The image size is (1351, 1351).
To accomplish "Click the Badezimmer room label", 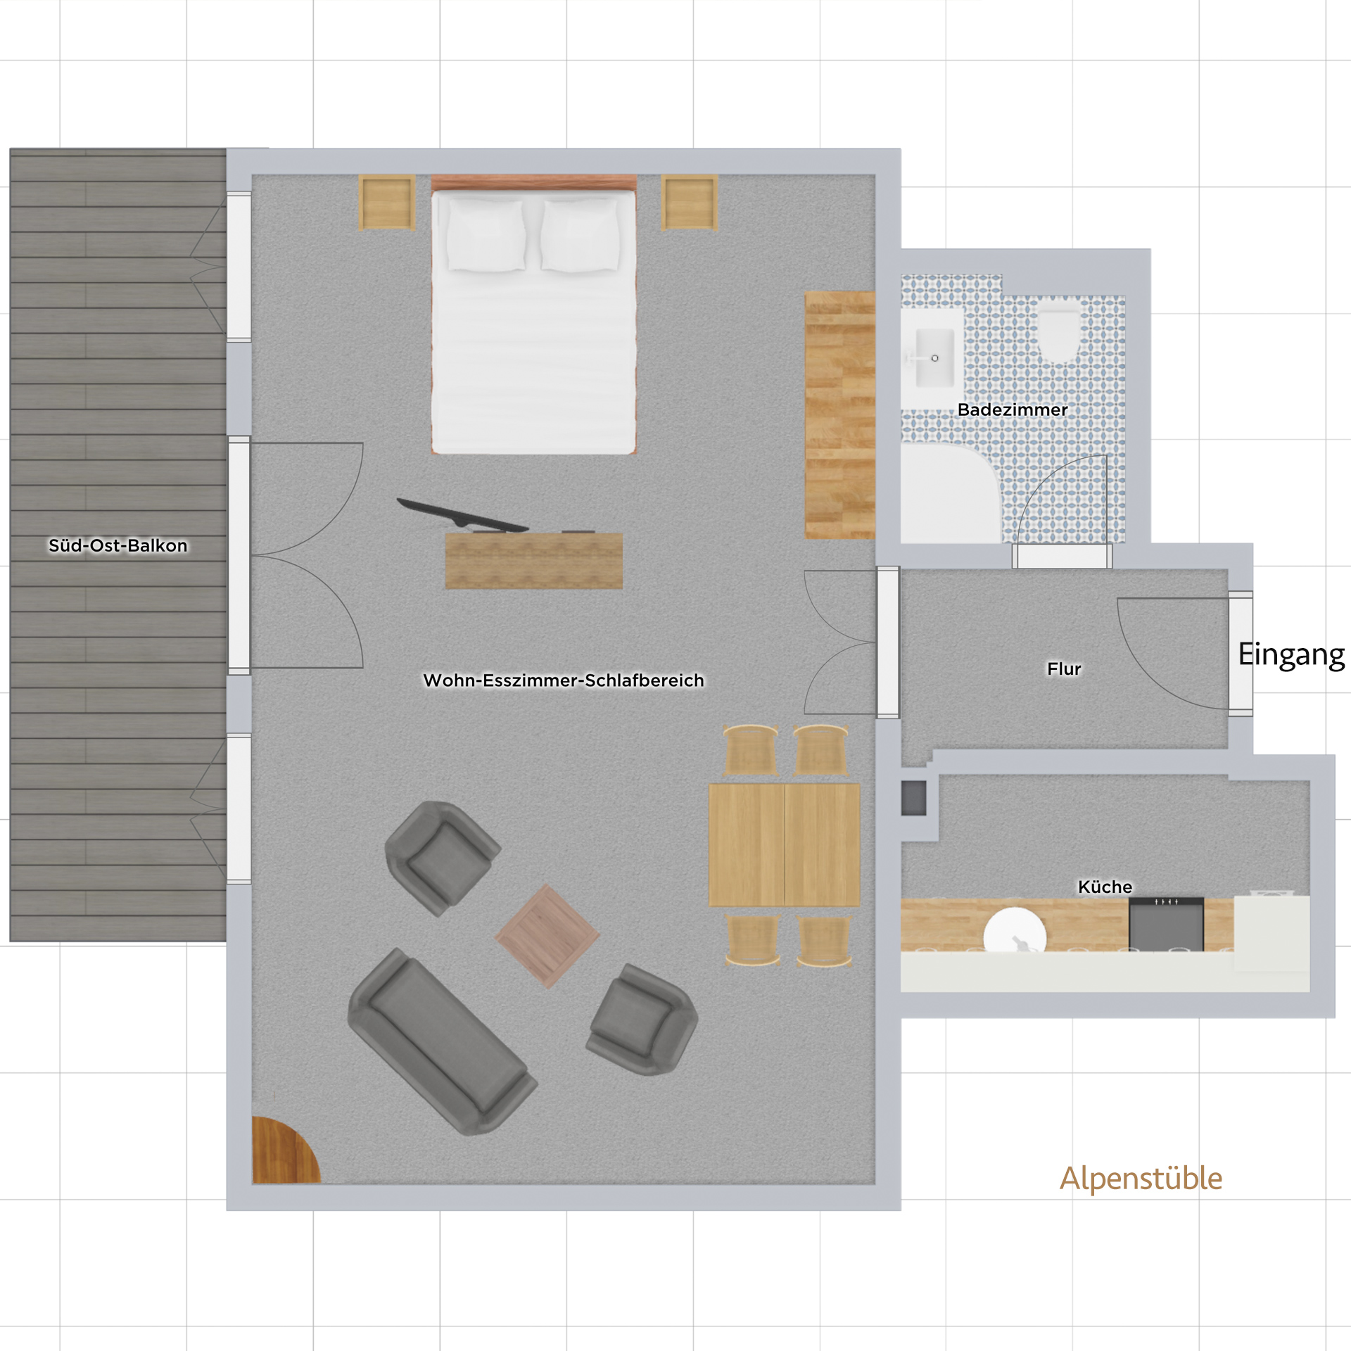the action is pos(1013,410).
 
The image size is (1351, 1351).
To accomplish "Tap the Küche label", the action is pos(1105,887).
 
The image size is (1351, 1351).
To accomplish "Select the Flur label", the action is pos(1064,668).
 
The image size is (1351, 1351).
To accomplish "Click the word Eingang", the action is pos(1291,655).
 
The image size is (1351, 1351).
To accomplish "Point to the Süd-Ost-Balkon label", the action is pos(118,545).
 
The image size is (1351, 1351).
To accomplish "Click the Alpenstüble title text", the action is pos(1141,1179).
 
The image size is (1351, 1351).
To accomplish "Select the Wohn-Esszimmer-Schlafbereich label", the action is pos(563,680).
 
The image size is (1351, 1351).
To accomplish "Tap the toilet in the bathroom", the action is pos(1059,329).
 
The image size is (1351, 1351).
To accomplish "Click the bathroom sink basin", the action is pos(933,358).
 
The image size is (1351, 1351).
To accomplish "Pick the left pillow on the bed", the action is pos(486,234).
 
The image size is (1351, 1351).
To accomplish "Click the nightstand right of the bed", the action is pos(690,203).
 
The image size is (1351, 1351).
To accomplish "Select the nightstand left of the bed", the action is pos(386,203).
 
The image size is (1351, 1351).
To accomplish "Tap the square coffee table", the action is pos(547,936).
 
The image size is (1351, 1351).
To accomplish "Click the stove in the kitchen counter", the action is pos(1166,924).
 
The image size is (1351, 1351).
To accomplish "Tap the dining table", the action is pos(784,844).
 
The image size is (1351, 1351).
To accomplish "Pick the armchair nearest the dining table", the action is pos(642,1020).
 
